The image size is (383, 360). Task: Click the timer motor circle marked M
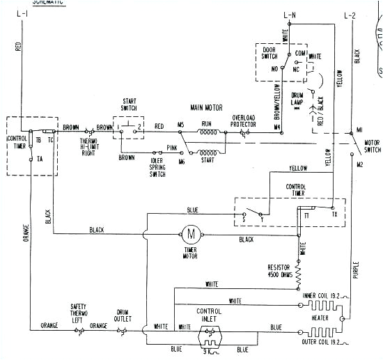pos(190,232)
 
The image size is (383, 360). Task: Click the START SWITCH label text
pos(129,105)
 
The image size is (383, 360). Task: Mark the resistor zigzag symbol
pos(298,274)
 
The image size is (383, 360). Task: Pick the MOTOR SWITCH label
pos(373,146)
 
